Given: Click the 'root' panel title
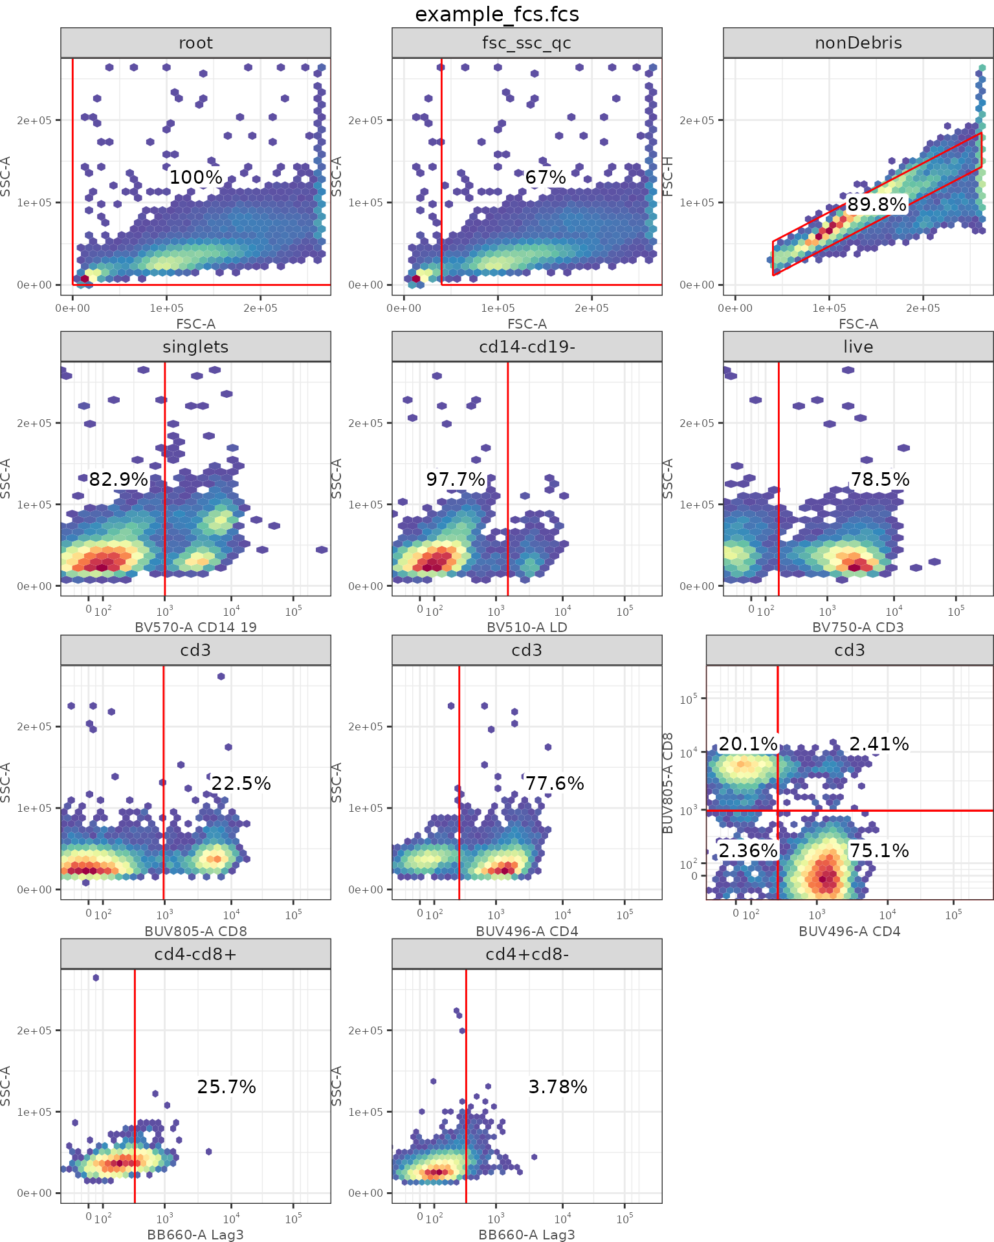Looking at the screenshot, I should point(195,43).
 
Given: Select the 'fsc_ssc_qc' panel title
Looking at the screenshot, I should point(527,43).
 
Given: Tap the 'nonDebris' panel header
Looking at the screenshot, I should point(858,43).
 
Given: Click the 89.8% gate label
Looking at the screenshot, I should point(877,204).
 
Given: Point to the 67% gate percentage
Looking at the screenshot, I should point(546,177).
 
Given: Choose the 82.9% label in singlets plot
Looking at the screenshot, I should point(118,479).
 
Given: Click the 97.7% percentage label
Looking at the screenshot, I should point(456,479).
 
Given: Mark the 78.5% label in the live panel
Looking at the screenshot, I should point(880,479).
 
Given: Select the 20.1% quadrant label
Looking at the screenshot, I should point(748,744).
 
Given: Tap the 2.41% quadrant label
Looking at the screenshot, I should point(879,744).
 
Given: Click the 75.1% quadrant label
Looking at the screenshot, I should point(879,851).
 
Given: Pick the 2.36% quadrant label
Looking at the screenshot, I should point(748,851).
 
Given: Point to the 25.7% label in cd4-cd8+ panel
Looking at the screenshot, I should point(226,1087).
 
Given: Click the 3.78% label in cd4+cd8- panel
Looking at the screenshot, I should point(558,1087).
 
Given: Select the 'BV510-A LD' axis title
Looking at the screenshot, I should point(527,627).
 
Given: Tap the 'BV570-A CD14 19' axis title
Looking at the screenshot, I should point(195,627).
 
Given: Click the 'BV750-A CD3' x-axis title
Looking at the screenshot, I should point(858,627).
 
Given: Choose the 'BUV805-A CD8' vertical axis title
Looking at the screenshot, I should point(668,783).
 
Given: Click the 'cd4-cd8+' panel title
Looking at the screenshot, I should point(195,954).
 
